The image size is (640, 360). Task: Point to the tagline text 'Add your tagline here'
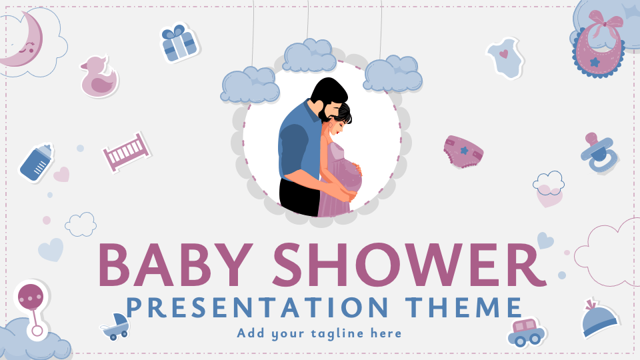(319, 333)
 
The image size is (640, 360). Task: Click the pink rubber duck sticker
(99, 78)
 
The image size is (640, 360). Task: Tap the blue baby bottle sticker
(36, 162)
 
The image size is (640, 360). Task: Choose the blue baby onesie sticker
(505, 57)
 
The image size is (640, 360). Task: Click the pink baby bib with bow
(599, 45)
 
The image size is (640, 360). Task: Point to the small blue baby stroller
(115, 326)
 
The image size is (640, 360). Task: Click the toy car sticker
(526, 332)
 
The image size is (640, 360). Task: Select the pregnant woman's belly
(348, 177)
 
